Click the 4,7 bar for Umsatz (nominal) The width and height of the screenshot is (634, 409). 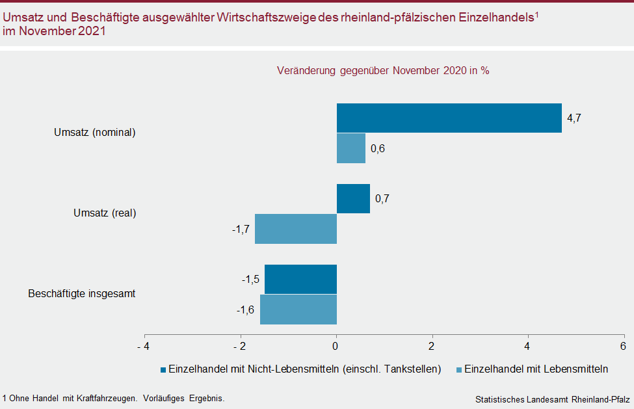[x=449, y=118]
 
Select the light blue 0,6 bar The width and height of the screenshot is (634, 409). [x=351, y=148]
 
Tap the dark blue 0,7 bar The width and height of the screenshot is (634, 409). [x=353, y=198]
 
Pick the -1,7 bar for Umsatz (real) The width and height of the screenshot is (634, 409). [x=296, y=229]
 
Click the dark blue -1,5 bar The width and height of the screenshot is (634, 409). [x=300, y=279]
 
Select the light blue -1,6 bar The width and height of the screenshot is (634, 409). [x=298, y=310]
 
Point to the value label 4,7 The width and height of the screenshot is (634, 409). [x=574, y=118]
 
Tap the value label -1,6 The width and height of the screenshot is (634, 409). [x=245, y=310]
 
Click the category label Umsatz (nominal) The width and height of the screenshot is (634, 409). [x=94, y=133]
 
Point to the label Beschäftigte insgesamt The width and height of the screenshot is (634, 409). [x=81, y=293]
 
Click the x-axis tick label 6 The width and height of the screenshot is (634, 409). [x=622, y=345]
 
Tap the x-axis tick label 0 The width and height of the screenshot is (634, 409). [x=336, y=345]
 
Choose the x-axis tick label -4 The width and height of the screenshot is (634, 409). [x=142, y=345]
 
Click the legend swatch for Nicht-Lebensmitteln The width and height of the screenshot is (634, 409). [x=163, y=370]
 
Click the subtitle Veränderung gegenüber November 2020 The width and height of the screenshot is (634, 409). [x=382, y=71]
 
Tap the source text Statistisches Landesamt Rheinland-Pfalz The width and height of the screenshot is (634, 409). [x=553, y=399]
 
